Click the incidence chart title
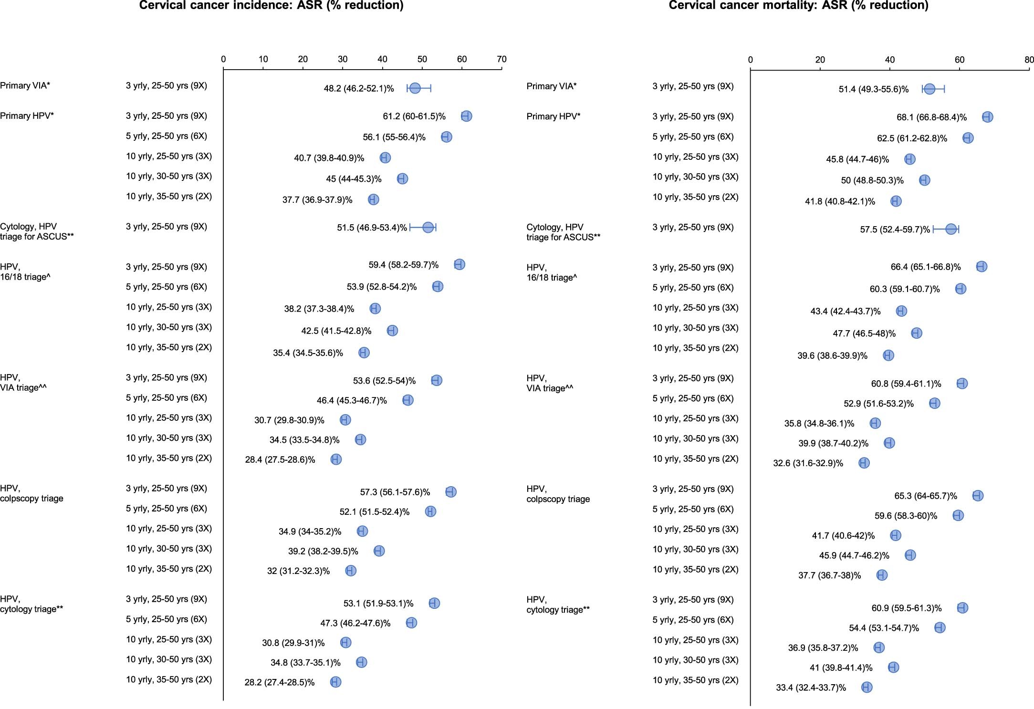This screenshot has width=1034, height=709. point(271,5)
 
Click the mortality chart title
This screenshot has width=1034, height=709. point(798,5)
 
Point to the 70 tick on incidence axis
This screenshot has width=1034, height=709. point(501,59)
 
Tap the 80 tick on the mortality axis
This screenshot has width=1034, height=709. point(1029,60)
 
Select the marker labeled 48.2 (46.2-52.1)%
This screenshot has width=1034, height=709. point(415,88)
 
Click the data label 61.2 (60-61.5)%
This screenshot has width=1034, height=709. point(414,116)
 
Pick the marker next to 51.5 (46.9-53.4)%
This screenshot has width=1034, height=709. point(428,228)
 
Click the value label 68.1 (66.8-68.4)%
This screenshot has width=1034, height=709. point(931,117)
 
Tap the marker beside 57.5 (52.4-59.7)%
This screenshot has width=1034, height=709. point(951,229)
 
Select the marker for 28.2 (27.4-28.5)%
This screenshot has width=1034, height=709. point(336,682)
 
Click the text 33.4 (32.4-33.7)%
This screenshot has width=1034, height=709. point(811,688)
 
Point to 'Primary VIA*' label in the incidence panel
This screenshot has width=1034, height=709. point(25,86)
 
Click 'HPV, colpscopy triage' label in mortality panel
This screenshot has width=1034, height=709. point(558,494)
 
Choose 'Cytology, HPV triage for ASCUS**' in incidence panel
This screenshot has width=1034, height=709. point(37,231)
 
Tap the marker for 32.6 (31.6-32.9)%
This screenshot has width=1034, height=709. point(864,463)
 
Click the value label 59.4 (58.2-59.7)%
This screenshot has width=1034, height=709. point(403,265)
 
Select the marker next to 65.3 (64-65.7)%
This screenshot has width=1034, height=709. point(978,495)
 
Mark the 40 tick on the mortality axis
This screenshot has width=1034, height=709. point(889,60)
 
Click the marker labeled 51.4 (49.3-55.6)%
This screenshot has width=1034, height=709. point(930,89)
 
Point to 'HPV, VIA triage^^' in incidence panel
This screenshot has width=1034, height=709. point(23,383)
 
